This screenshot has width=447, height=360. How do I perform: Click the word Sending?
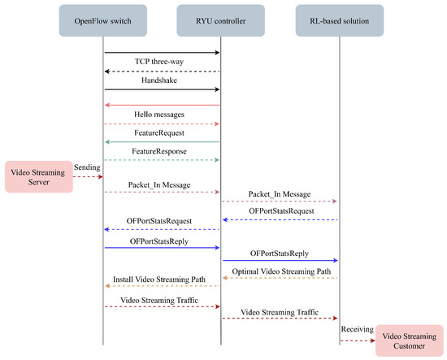click(87, 167)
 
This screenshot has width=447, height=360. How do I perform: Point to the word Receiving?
click(358, 329)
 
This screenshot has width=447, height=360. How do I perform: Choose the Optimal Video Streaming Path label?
click(280, 271)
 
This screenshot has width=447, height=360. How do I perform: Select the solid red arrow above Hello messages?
click(163, 105)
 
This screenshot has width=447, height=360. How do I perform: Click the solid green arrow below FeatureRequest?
click(163, 141)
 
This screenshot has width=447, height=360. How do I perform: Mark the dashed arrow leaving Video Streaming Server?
click(87, 176)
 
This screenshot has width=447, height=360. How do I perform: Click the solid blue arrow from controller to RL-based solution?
click(280, 261)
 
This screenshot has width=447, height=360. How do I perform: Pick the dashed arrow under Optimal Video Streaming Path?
click(280, 278)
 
